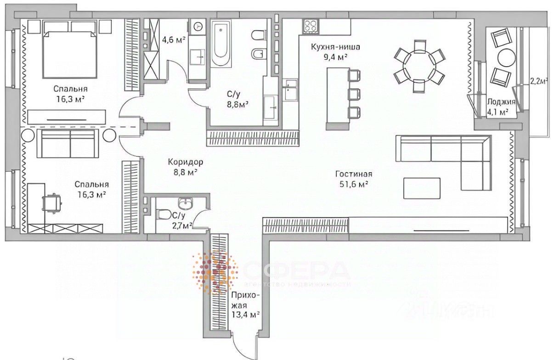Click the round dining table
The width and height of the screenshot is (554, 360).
419,67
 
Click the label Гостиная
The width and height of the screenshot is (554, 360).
353,174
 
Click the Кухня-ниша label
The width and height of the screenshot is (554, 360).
335,47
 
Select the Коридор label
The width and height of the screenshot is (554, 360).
185,162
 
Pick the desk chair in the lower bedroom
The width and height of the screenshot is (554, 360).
51,202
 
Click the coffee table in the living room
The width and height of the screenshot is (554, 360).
421,188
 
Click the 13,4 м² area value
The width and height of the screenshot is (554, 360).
246,315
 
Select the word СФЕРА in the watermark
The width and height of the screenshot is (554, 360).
296,271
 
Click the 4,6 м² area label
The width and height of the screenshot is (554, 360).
174,39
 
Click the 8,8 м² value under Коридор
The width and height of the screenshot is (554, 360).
186,173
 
